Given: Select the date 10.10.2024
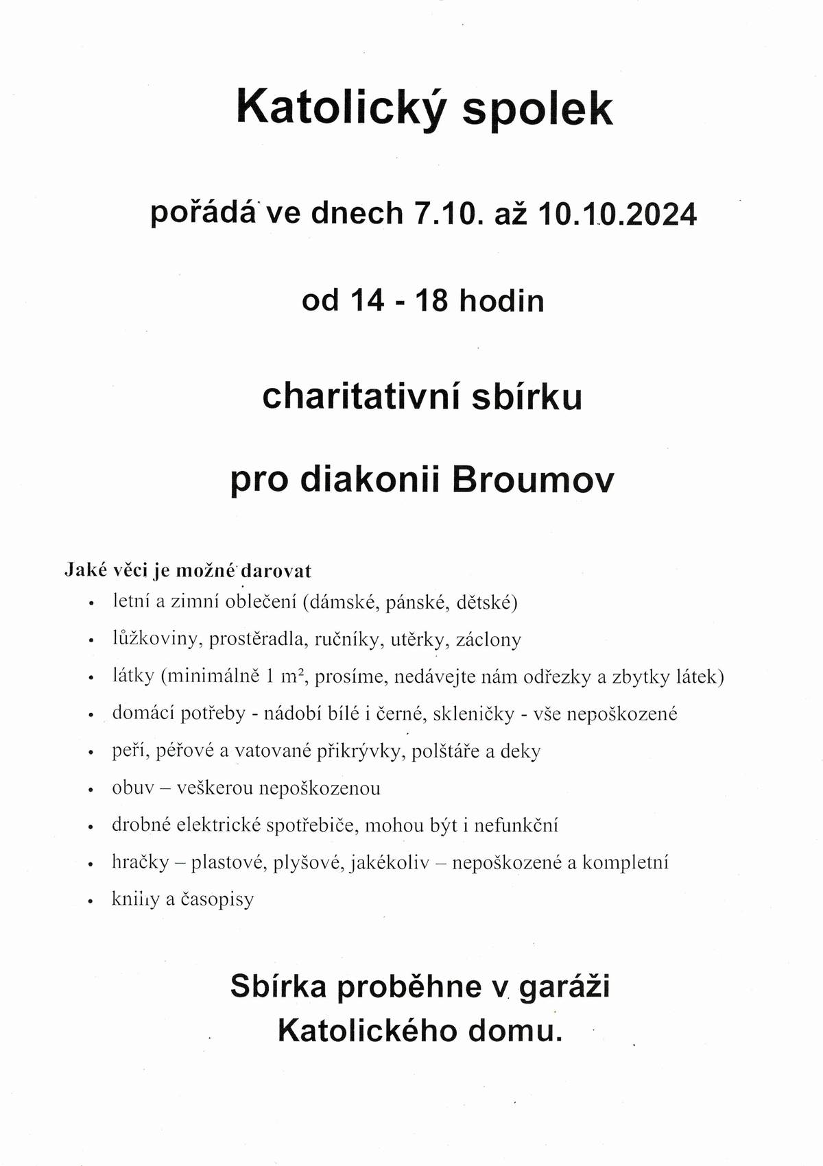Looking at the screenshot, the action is pyautogui.click(x=617, y=215).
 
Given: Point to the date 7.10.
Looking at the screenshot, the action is pyautogui.click(x=445, y=215).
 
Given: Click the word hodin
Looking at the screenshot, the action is pyautogui.click(x=501, y=301).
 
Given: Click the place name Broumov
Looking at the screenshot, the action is pyautogui.click(x=533, y=481).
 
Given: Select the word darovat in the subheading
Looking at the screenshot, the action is pyautogui.click(x=282, y=570).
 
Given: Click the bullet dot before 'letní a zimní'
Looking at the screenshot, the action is pyautogui.click(x=91, y=604).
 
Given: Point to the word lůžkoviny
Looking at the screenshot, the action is pyautogui.click(x=156, y=640).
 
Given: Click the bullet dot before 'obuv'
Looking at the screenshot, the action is pyautogui.click(x=91, y=790).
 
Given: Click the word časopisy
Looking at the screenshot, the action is pyautogui.click(x=217, y=899).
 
